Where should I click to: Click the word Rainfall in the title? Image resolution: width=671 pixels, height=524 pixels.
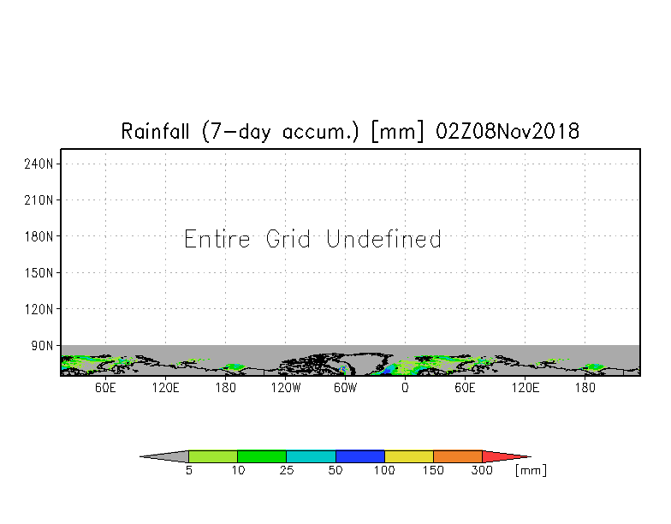pyautogui.click(x=155, y=131)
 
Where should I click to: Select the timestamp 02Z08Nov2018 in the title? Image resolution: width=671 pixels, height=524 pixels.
pyautogui.click(x=508, y=131)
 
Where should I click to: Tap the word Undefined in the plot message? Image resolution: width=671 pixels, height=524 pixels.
pyautogui.click(x=383, y=239)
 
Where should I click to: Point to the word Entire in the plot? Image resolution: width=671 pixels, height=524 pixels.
pyautogui.click(x=217, y=239)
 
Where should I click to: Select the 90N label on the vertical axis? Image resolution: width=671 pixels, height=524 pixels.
pyautogui.click(x=42, y=346)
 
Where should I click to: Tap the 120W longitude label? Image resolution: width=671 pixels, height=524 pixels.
pyautogui.click(x=286, y=388)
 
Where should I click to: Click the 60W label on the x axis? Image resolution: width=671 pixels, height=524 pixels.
pyautogui.click(x=346, y=388)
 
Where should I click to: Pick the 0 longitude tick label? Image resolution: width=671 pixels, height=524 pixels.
pyautogui.click(x=406, y=388)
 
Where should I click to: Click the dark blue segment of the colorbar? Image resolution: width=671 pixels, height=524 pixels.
pyautogui.click(x=359, y=456)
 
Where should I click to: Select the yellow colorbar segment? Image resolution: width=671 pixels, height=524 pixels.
pyautogui.click(x=409, y=456)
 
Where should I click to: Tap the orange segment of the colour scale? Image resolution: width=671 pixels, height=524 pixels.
pyautogui.click(x=458, y=456)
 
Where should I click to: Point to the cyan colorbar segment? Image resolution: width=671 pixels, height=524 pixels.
pyautogui.click(x=312, y=456)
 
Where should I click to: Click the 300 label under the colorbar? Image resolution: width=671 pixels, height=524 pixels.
pyautogui.click(x=482, y=470)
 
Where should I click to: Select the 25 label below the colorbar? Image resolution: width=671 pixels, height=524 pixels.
pyautogui.click(x=287, y=470)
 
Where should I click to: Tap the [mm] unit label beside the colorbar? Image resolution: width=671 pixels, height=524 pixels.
pyautogui.click(x=531, y=470)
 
